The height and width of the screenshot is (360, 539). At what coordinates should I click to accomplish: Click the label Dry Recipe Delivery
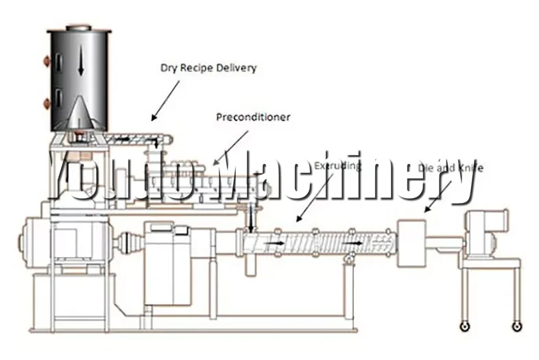coord(208,67)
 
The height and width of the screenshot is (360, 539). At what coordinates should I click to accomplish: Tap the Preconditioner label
coord(253,117)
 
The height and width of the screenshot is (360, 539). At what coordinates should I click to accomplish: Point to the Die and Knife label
coord(454,167)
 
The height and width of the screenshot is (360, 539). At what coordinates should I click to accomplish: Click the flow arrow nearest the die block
coord(357,243)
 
